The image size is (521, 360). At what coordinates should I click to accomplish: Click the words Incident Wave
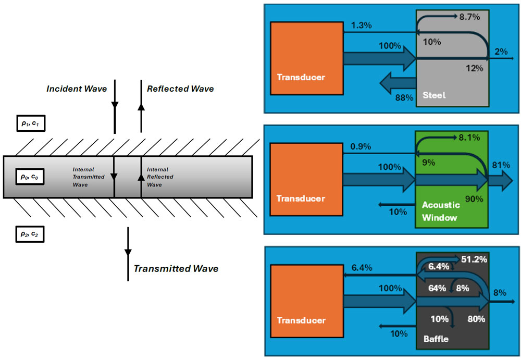point(77,89)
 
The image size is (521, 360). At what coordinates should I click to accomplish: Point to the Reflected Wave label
point(180,89)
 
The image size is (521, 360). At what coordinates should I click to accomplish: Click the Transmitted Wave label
point(176,269)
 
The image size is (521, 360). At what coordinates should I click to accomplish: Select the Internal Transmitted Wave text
point(89,177)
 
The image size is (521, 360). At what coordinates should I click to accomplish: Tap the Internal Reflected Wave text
point(160,177)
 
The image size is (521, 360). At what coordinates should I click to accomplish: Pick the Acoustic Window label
point(440,211)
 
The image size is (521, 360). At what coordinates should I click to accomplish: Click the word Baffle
point(432,339)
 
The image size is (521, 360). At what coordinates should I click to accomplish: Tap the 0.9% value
point(361,147)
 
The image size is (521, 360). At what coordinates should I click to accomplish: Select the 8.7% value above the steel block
point(469,17)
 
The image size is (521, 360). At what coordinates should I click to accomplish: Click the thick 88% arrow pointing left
point(397,82)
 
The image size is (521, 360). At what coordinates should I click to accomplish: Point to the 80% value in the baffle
point(476,319)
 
